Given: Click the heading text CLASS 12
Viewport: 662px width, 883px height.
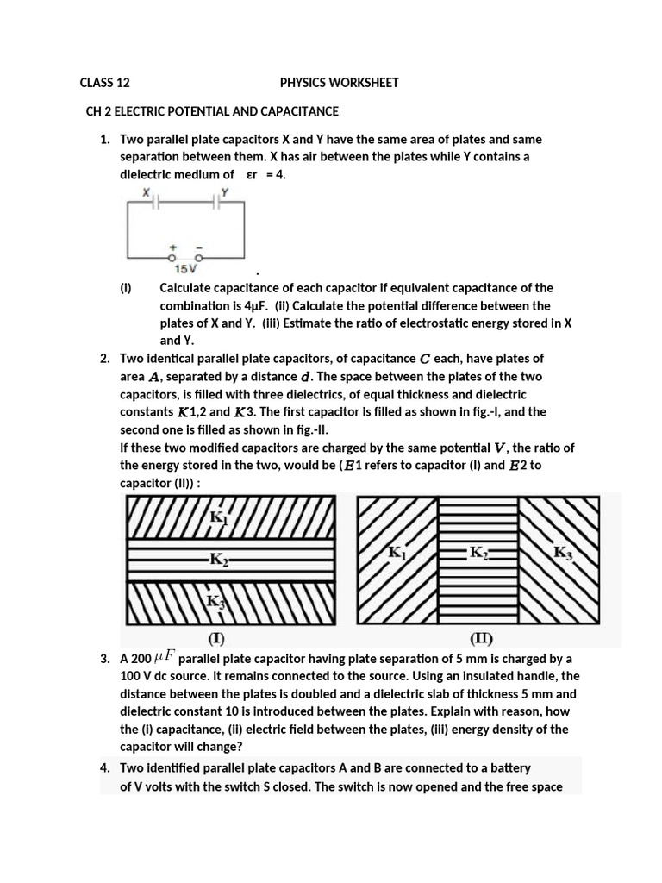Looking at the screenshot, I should point(104,83).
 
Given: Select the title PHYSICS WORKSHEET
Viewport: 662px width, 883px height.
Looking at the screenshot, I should point(339,83).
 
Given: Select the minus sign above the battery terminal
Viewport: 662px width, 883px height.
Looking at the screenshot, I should point(198,247).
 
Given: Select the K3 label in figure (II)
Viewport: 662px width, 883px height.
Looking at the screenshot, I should point(563,554).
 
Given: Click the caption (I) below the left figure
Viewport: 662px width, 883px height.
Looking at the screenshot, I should point(216,639).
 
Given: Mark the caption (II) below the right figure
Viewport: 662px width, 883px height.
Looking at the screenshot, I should point(481,639).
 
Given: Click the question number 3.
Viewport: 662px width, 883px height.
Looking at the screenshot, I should point(104,660).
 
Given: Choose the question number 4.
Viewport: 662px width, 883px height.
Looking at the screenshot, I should point(104,767).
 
